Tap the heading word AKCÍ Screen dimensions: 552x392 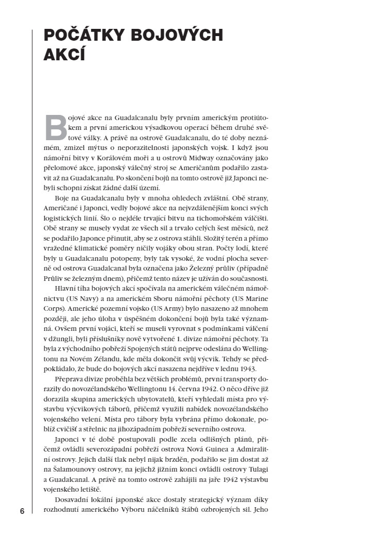[x=64, y=54]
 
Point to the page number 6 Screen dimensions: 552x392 [x=22, y=511]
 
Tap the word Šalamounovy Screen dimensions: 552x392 [x=73, y=471]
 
